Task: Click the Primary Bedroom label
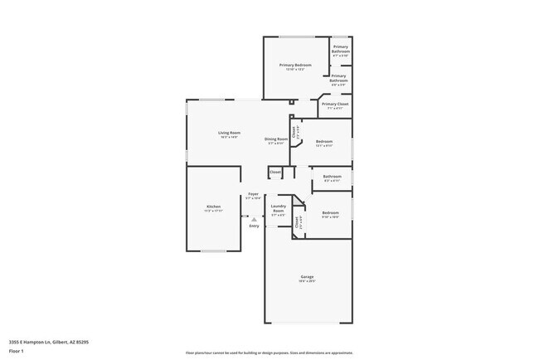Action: (x=295, y=66)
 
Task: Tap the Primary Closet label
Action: (x=334, y=105)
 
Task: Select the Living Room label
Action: (x=229, y=133)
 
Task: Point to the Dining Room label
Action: (x=276, y=139)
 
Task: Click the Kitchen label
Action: (x=213, y=207)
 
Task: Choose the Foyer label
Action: (x=253, y=194)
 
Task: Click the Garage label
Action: (x=307, y=277)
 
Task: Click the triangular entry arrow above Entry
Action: (x=254, y=220)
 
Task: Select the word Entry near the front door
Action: (x=254, y=226)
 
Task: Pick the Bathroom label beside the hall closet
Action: (x=332, y=177)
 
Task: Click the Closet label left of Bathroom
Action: (x=274, y=172)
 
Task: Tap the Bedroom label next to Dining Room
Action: (x=324, y=142)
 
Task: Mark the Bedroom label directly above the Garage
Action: (x=330, y=212)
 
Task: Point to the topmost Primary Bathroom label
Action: (x=341, y=49)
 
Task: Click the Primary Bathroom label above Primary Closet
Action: (x=338, y=79)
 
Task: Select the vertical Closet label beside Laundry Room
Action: (x=297, y=221)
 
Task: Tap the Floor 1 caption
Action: (x=17, y=351)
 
